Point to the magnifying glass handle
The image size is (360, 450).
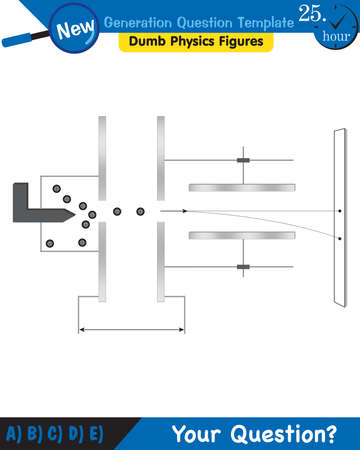pyautogui.click(x=20, y=40)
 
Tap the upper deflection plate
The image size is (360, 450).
pyautogui.click(x=242, y=187)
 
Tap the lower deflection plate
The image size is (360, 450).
pyautogui.click(x=242, y=236)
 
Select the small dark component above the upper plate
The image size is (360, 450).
pyautogui.click(x=242, y=161)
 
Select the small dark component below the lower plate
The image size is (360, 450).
pyautogui.click(x=242, y=267)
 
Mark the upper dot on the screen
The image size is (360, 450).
pyautogui.click(x=340, y=211)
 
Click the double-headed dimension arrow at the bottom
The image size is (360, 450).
pyautogui.click(x=131, y=330)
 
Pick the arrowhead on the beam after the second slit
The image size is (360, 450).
pyautogui.click(x=187, y=211)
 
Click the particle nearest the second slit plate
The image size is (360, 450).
pyautogui.click(x=140, y=211)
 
